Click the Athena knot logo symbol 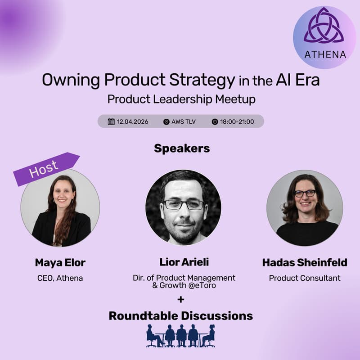324,28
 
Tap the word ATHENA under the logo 325,55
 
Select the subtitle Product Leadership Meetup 181,99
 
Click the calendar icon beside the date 111,121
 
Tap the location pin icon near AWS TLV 166,121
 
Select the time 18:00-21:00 237,121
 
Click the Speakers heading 182,148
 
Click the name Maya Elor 60,263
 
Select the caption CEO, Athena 60,278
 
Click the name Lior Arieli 185,263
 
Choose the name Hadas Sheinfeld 305,263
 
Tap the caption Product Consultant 305,278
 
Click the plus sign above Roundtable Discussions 181,300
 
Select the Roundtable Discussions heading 181,316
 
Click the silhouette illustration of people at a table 181,336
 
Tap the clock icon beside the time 215,121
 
